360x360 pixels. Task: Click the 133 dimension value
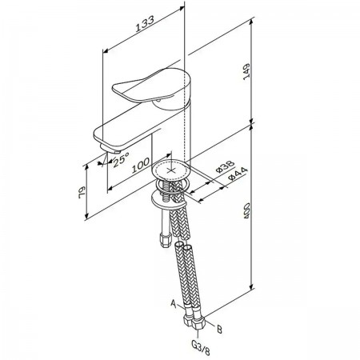coord(145,24)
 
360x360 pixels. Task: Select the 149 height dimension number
coord(246,71)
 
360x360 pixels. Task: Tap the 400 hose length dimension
coord(246,211)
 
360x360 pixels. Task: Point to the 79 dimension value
coord(82,192)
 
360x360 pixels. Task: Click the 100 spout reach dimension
coord(141,165)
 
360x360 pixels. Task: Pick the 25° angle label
coord(121,160)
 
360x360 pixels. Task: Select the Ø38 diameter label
coord(225,166)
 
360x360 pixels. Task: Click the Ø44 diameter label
coord(238,174)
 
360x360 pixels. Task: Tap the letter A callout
coord(174,304)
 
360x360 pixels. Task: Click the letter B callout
coord(219,329)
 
